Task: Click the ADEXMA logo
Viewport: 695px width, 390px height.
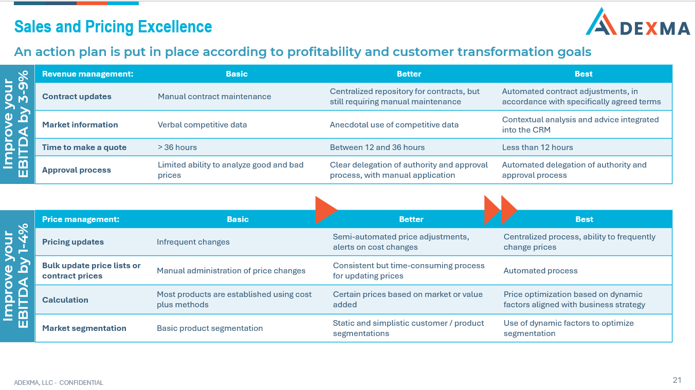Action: (637, 23)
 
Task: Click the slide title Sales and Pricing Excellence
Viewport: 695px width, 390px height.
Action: (113, 27)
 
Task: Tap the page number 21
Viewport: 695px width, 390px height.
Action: (676, 380)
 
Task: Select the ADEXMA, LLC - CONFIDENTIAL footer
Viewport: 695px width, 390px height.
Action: (59, 383)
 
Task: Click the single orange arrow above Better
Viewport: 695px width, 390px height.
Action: (325, 210)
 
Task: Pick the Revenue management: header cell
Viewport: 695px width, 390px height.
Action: (87, 74)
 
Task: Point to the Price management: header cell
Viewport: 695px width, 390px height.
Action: (81, 219)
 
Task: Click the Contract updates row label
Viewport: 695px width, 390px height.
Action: (77, 97)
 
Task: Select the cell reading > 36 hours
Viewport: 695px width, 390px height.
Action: (177, 147)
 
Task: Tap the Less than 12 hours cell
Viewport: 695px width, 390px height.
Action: (537, 147)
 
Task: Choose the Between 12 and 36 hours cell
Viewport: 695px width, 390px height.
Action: (377, 147)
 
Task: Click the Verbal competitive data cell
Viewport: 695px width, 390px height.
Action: (202, 125)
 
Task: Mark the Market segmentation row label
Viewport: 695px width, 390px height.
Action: (84, 328)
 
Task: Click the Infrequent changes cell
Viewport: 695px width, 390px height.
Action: (193, 242)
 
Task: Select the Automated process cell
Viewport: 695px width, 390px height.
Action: (540, 271)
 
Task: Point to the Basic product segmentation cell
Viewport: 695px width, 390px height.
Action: (210, 328)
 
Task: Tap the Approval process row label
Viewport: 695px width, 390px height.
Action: (77, 170)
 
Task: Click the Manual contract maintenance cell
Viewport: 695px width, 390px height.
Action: (214, 97)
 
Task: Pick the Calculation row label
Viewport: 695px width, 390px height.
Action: (65, 300)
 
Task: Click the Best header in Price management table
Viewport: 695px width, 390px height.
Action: (584, 219)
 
